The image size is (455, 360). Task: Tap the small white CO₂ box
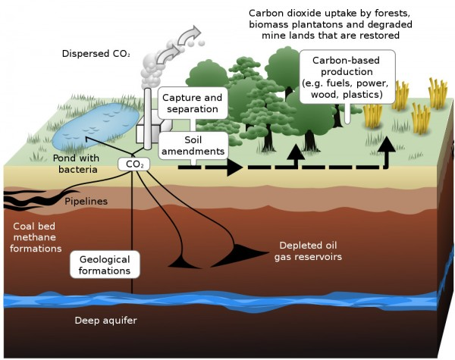pos(132,164)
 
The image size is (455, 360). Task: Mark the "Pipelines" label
pos(86,202)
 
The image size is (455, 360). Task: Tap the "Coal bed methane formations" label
pos(38,237)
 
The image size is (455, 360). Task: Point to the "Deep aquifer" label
pos(105,320)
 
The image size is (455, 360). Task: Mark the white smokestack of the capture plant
pos(142,121)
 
